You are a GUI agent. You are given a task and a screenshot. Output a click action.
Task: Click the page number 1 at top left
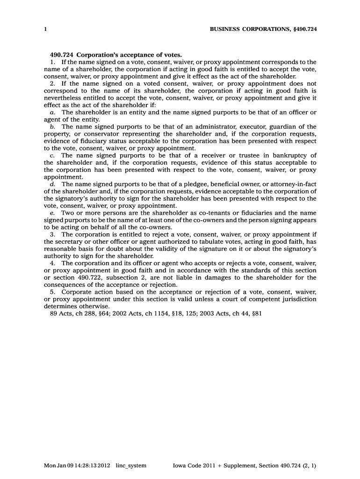[x=45, y=29]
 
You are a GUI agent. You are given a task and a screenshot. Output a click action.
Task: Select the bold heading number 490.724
[x=61, y=55]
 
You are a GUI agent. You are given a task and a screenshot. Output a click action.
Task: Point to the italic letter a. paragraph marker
[x=52, y=113]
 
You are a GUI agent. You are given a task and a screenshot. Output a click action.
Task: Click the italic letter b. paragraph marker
[x=52, y=127]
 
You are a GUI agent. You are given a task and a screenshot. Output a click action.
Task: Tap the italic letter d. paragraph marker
[x=52, y=184]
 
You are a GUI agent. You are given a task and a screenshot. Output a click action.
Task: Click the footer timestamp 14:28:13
[x=83, y=466]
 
